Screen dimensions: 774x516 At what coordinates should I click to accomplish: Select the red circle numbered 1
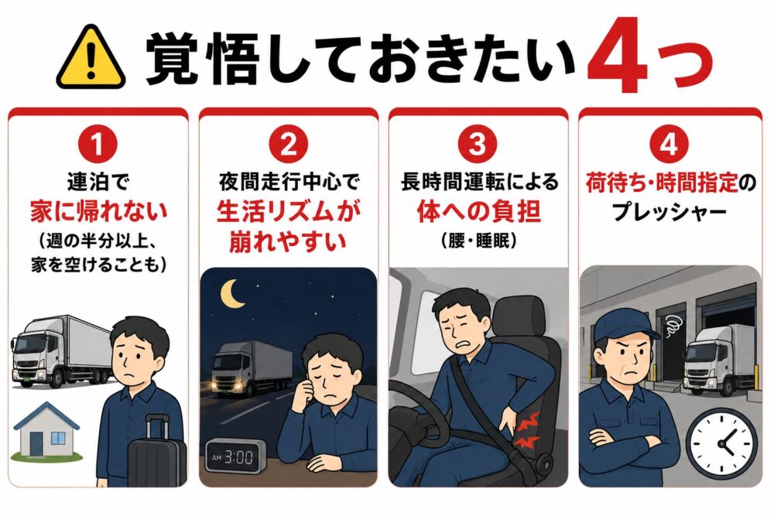(x=98, y=145)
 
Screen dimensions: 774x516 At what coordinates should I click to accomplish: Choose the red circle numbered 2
(x=288, y=145)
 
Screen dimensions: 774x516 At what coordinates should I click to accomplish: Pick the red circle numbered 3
(x=478, y=145)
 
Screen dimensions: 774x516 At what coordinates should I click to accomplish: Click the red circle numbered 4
(x=669, y=145)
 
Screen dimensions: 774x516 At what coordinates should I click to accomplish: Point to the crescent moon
(x=232, y=292)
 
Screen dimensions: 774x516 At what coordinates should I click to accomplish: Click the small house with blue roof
(x=47, y=431)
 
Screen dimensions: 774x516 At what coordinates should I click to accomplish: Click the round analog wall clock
(x=721, y=443)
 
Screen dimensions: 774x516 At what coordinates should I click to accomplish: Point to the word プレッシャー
(x=670, y=213)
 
